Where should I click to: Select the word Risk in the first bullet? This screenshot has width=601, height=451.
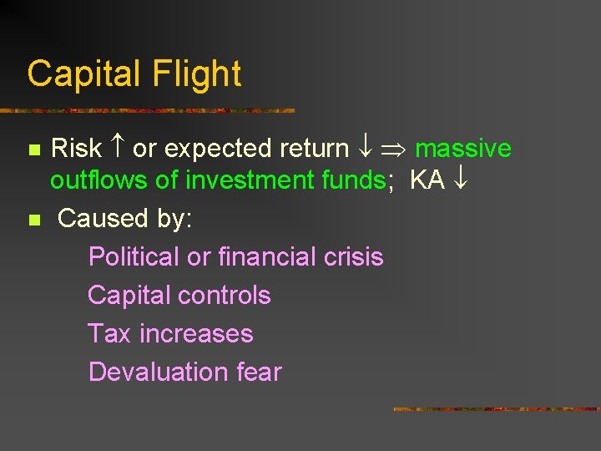tap(76, 149)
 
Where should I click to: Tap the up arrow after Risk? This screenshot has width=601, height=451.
tap(117, 149)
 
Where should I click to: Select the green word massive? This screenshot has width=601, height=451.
tap(463, 149)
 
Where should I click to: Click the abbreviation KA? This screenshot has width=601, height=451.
tap(427, 180)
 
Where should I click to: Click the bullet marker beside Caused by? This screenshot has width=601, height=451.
tap(34, 220)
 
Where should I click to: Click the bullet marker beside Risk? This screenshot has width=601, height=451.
tap(34, 150)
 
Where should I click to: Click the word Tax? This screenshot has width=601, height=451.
tap(109, 333)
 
